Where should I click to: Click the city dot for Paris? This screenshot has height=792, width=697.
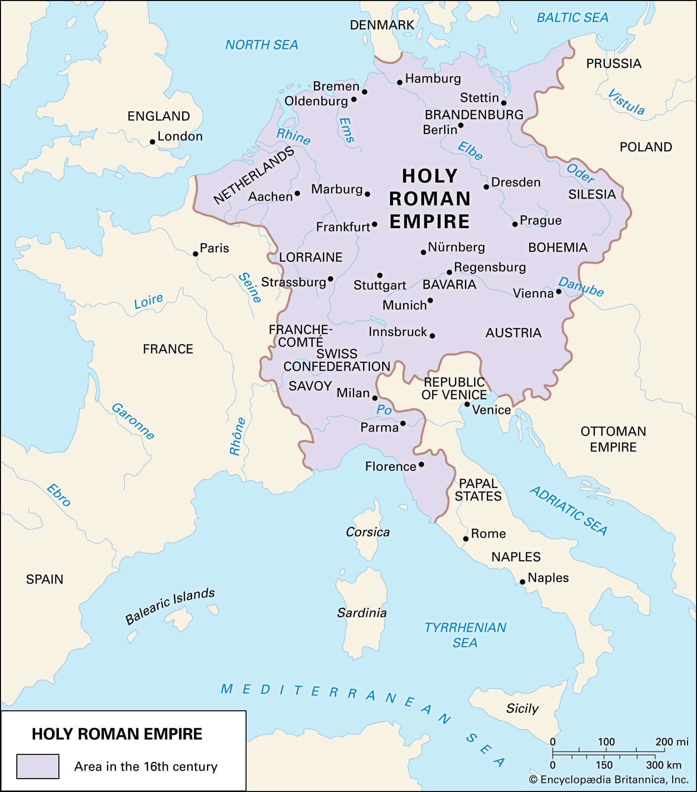196,254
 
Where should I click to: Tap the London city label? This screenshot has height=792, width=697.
180,136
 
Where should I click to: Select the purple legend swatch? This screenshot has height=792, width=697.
38,766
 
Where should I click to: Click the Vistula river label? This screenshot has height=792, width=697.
626,102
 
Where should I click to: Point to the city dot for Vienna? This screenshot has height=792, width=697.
559,292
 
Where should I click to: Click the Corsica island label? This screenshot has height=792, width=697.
367,532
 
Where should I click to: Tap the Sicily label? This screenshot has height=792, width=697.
522,708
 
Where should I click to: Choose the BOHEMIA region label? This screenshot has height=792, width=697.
557,247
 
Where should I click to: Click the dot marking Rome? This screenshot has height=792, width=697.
466,539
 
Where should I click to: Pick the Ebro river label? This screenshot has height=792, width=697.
59,495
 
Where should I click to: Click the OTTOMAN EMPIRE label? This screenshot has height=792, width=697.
613,439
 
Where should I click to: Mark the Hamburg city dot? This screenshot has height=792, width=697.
400,82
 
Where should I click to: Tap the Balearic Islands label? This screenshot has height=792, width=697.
170,606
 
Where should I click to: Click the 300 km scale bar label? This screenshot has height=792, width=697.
663,765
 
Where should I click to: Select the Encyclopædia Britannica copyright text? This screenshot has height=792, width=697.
608,780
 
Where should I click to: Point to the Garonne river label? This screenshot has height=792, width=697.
133,421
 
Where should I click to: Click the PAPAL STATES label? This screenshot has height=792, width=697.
478,490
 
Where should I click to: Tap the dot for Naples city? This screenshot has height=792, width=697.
522,582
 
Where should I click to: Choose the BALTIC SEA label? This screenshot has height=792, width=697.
572,18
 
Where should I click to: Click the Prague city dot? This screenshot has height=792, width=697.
515,224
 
